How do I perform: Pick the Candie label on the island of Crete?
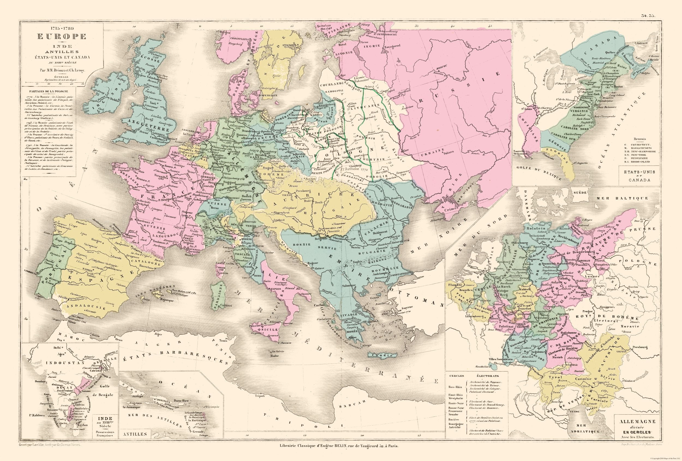382,356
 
